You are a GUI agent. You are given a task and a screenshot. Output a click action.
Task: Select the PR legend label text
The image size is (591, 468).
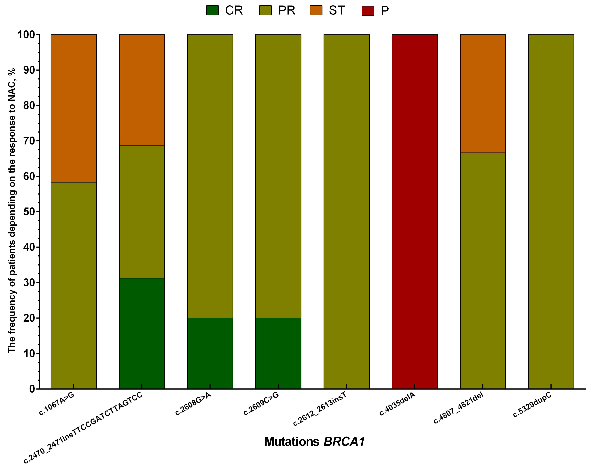point(287,10)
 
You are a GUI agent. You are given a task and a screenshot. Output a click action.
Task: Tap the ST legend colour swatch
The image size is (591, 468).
point(316,10)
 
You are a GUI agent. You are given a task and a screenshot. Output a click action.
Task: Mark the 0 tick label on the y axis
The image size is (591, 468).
point(32,389)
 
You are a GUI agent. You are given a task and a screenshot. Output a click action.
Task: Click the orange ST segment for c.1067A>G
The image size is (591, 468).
point(74,108)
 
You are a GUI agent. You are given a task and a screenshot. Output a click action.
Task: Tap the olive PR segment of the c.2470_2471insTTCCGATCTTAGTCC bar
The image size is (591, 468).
point(142,212)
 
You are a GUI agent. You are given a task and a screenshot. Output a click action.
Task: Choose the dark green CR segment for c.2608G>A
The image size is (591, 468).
point(210,353)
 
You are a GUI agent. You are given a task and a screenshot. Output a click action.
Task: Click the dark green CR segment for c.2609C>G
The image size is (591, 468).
point(278,353)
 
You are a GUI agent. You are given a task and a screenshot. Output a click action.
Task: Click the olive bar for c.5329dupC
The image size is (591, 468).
point(551,212)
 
